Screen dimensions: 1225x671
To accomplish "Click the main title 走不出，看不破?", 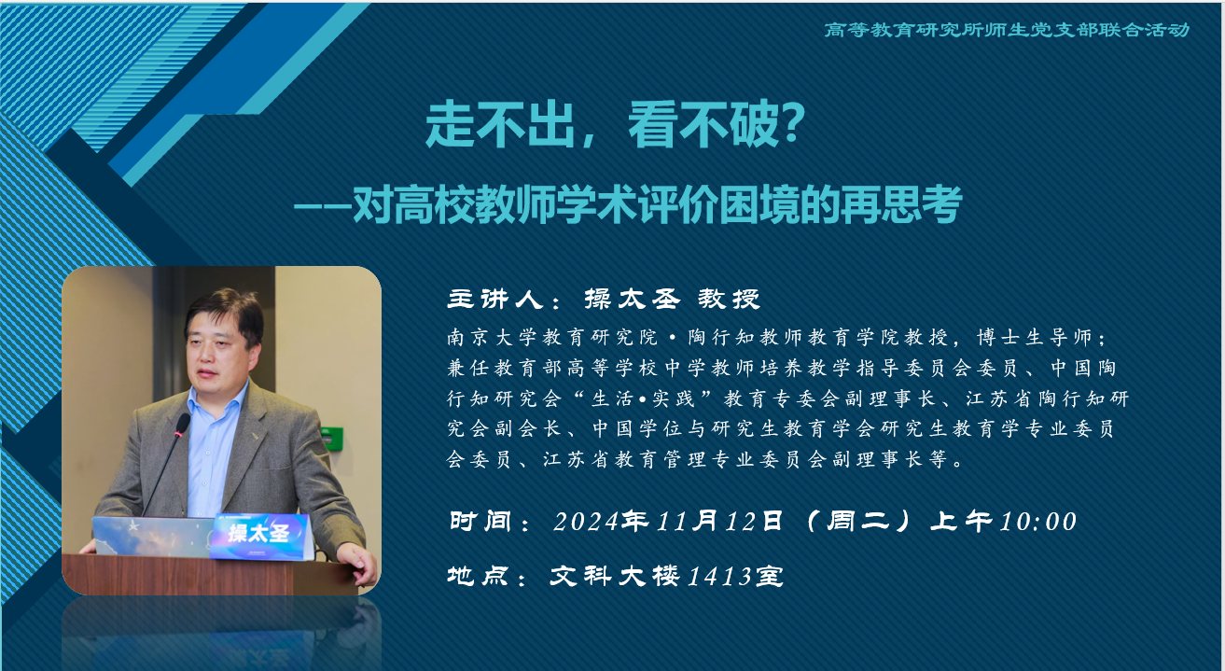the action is pyautogui.click(x=615, y=125).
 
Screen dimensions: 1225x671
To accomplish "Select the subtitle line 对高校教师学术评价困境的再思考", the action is pyautogui.click(x=657, y=205).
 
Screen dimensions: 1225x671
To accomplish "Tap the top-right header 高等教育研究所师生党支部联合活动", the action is pyautogui.click(x=1007, y=30).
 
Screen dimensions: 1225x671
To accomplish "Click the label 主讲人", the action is pyautogui.click(x=494, y=300).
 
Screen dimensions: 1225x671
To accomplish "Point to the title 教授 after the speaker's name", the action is pyautogui.click(x=729, y=300).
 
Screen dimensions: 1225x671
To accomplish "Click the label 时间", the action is pyautogui.click(x=480, y=521).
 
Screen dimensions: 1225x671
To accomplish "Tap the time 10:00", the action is pyautogui.click(x=1038, y=521).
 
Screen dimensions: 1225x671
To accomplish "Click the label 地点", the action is pyautogui.click(x=479, y=577).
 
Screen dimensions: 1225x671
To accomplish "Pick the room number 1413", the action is pyautogui.click(x=719, y=577).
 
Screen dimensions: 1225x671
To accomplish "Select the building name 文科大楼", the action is pyautogui.click(x=615, y=577).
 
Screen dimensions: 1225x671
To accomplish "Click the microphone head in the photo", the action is pyautogui.click(x=182, y=425).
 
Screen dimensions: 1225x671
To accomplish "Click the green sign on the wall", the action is pyautogui.click(x=332, y=438).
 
